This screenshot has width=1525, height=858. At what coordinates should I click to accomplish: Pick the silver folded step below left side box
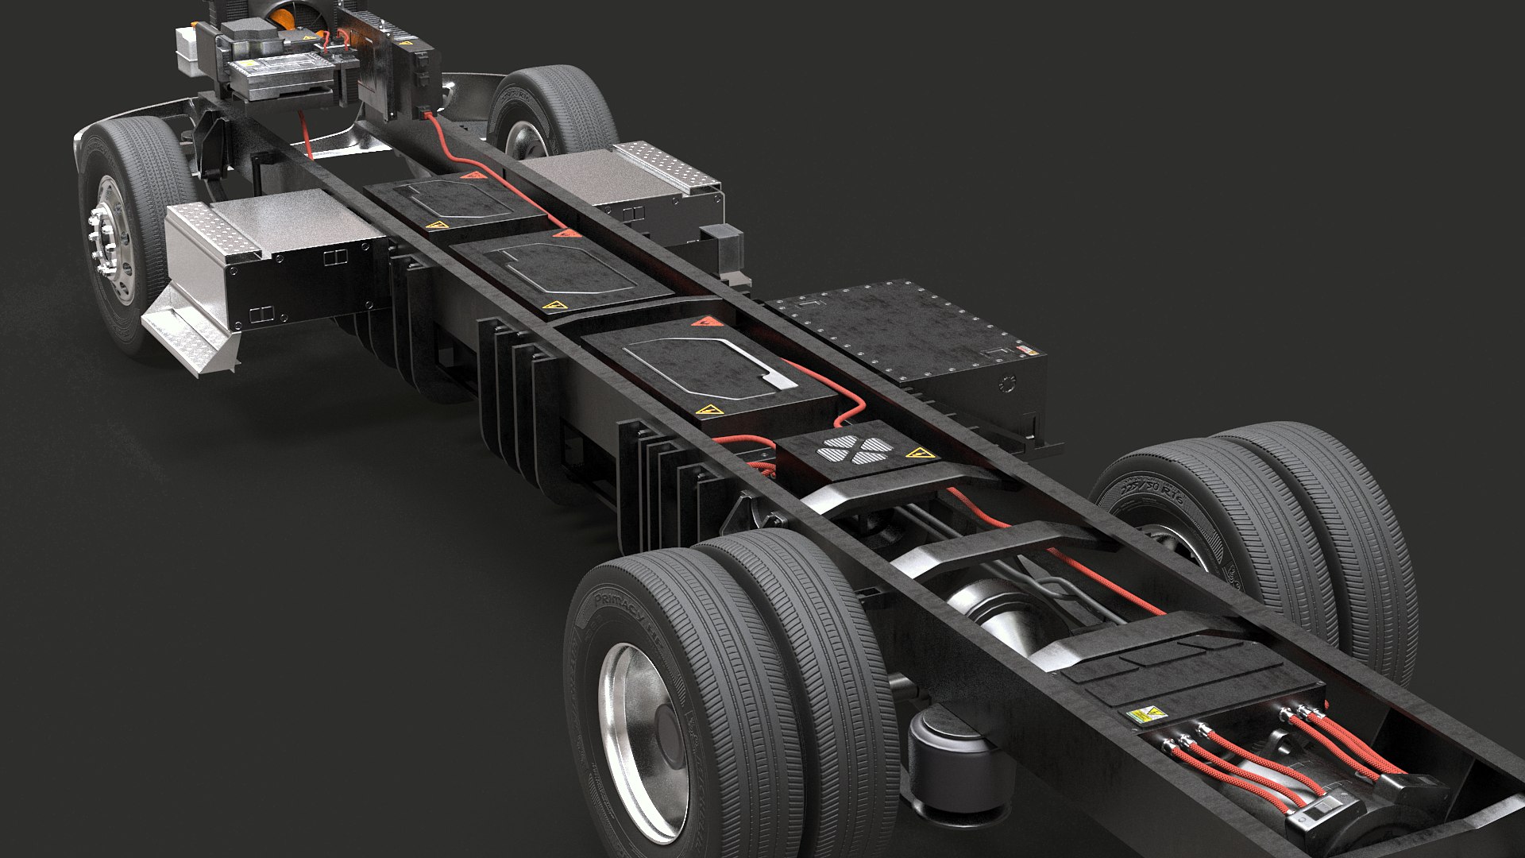tap(191, 334)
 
